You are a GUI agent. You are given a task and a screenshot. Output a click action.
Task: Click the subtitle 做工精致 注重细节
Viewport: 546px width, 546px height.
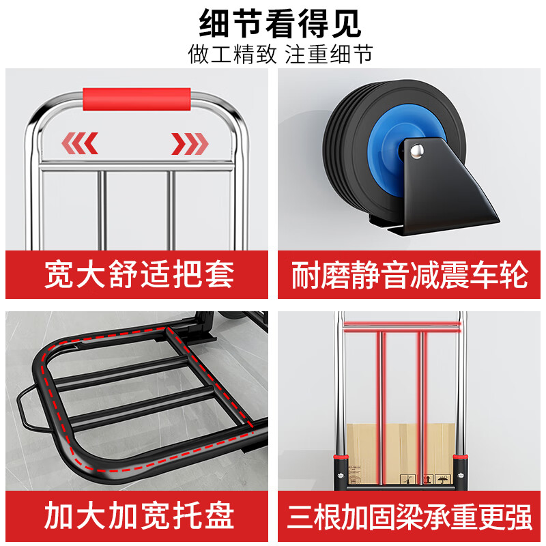pos(281,54)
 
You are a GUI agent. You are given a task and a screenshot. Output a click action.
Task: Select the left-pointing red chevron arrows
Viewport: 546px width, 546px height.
pos(80,143)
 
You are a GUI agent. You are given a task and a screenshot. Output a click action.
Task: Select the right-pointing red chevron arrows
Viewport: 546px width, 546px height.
pos(190,143)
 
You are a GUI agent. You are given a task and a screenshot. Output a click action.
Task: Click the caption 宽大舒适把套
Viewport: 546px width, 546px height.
pos(139,274)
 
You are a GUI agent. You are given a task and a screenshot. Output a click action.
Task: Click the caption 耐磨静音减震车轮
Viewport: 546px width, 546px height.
pos(409,274)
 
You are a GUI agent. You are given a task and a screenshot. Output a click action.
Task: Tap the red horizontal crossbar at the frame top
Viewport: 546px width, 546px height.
pos(401,328)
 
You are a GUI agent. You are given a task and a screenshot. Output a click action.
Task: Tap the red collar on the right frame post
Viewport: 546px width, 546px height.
pos(462,456)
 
